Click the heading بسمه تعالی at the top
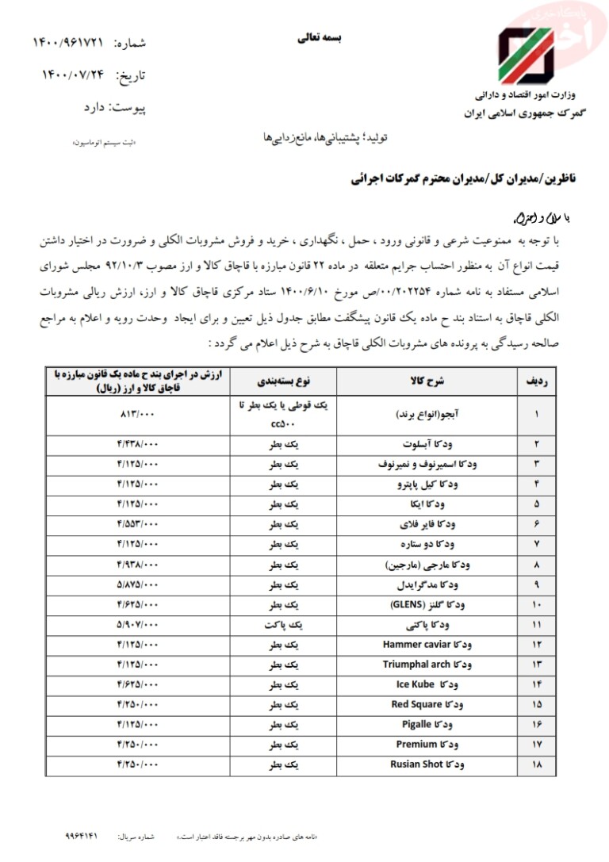pos(317,36)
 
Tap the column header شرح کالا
pos(429,381)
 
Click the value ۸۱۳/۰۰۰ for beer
pos(138,414)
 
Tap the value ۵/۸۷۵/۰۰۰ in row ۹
pos(138,584)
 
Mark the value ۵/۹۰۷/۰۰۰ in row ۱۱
pos(138,624)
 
